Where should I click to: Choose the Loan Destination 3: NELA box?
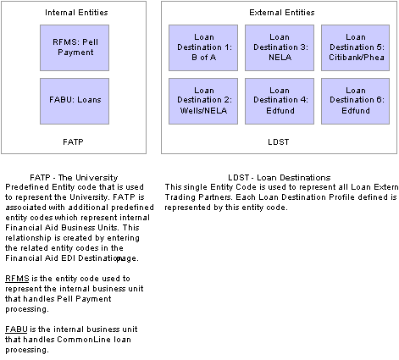(279, 47)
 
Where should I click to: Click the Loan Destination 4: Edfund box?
(279, 102)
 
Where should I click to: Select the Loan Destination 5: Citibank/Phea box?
(355, 47)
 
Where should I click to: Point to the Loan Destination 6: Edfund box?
(355, 102)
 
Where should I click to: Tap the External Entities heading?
(279, 14)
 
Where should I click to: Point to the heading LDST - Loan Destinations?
(279, 178)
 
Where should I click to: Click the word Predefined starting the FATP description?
(25, 187)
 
